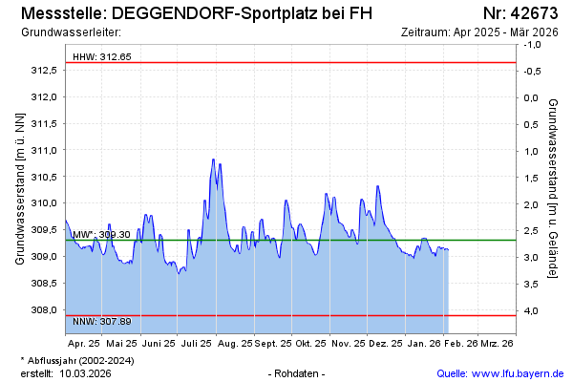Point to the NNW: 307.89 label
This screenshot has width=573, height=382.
102,322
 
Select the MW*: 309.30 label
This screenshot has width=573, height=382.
101,234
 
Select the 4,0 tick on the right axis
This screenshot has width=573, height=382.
531,310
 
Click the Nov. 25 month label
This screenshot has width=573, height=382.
348,342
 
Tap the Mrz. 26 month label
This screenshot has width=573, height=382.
496,342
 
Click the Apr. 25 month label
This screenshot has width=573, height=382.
84,342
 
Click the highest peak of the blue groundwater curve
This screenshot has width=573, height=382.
213,159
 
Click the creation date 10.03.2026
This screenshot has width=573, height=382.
85,373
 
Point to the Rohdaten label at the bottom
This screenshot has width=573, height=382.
298,373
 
